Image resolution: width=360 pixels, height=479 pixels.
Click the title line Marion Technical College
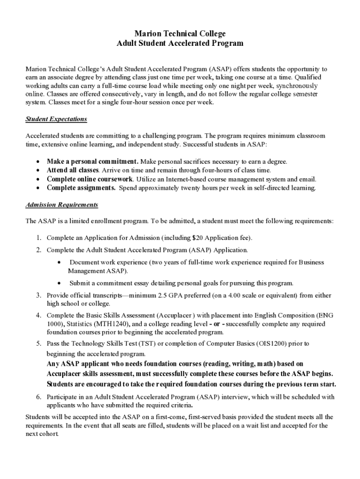pos(180,34)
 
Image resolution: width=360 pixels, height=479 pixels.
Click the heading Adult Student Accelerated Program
pos(180,43)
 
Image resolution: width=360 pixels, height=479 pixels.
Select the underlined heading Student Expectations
pos(56,119)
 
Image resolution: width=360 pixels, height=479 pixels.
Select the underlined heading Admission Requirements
pos(62,205)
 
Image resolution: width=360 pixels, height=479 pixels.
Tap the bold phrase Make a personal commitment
pos(92,161)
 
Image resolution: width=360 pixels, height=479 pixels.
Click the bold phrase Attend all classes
pos(72,170)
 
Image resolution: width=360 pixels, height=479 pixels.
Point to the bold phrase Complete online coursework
pos(90,179)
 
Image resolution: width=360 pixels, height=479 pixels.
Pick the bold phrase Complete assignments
pos(81,188)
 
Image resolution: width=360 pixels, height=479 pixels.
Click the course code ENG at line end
pos(325,315)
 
